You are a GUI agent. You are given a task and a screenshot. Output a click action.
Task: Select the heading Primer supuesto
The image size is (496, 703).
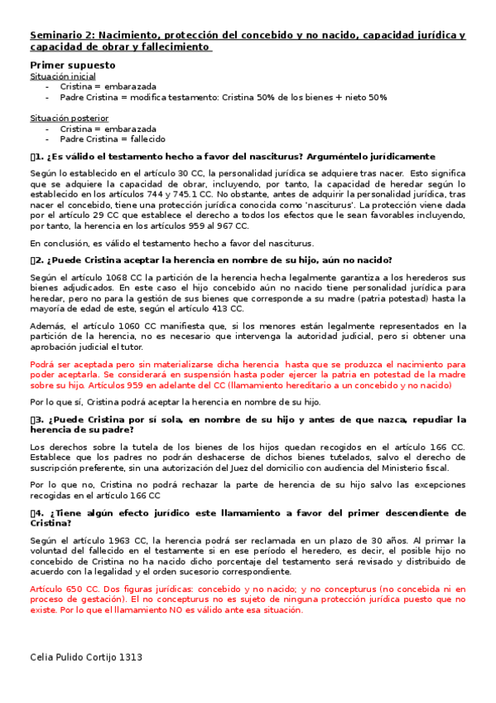73,65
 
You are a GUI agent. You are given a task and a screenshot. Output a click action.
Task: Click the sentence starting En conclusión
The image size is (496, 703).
171,243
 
